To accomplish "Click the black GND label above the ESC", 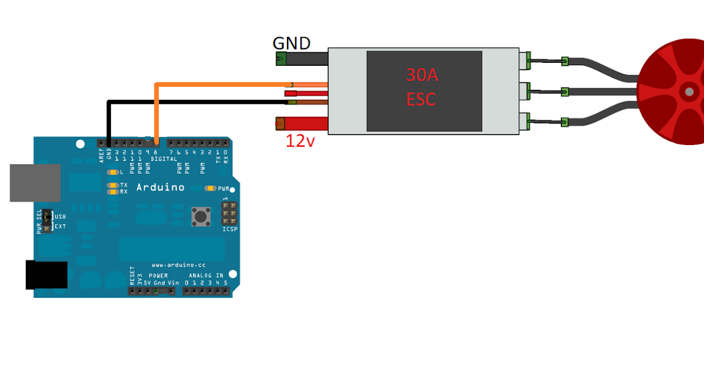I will click(x=292, y=43).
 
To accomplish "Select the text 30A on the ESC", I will click(x=422, y=75).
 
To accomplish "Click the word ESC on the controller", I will click(x=421, y=99).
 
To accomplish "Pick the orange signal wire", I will click(x=223, y=85).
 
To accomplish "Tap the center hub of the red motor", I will click(x=689, y=92).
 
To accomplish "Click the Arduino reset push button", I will click(x=201, y=217).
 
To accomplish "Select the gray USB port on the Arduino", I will click(x=35, y=183).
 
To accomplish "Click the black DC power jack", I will click(x=46, y=275).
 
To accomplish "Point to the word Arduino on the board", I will click(x=160, y=187).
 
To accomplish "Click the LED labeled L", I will click(x=112, y=173).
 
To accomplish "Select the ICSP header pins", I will click(x=229, y=213).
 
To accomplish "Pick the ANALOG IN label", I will click(x=205, y=275).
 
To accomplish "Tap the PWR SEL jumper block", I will click(x=46, y=221).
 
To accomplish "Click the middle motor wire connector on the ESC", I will click(x=525, y=91).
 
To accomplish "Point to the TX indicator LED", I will click(x=112, y=186).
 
